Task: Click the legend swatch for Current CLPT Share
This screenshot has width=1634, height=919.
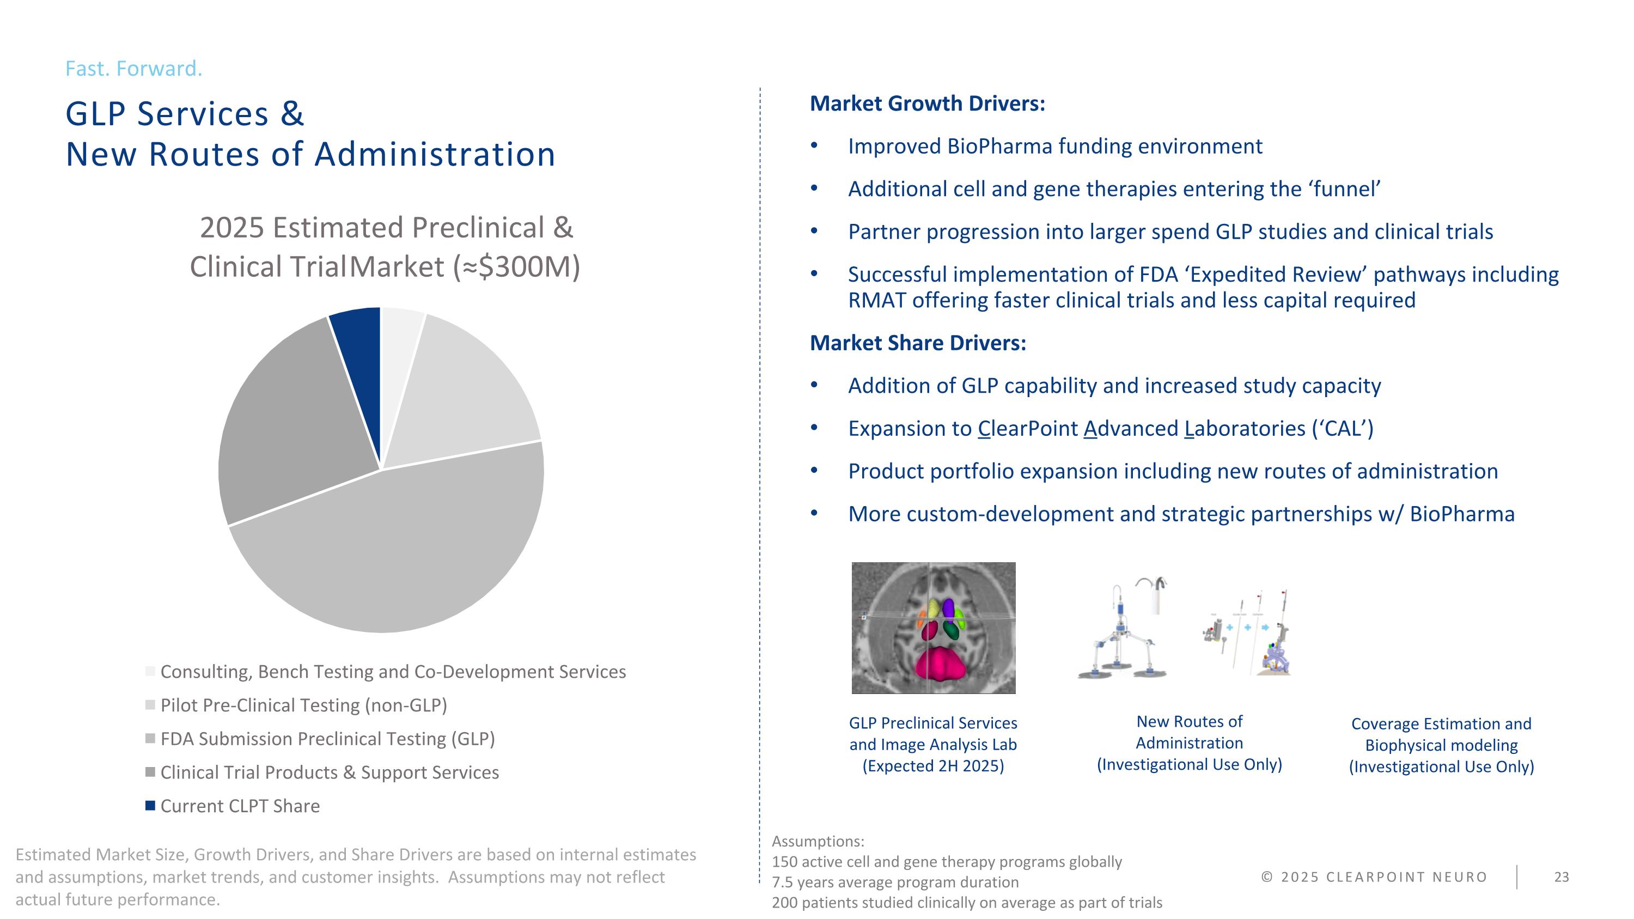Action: tap(150, 806)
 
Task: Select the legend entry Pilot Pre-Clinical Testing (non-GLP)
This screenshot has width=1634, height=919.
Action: tap(303, 705)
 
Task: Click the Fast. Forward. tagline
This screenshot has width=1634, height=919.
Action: tap(134, 69)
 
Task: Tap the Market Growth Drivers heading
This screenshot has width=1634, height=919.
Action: tap(928, 104)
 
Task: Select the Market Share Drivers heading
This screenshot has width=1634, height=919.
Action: tap(918, 343)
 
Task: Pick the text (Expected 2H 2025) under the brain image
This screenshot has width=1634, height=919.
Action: tap(933, 766)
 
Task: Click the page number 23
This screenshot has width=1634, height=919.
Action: tap(1561, 877)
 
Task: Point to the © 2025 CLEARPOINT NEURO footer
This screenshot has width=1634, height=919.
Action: tap(1374, 877)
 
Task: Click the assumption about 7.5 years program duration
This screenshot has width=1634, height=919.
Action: tap(895, 882)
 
